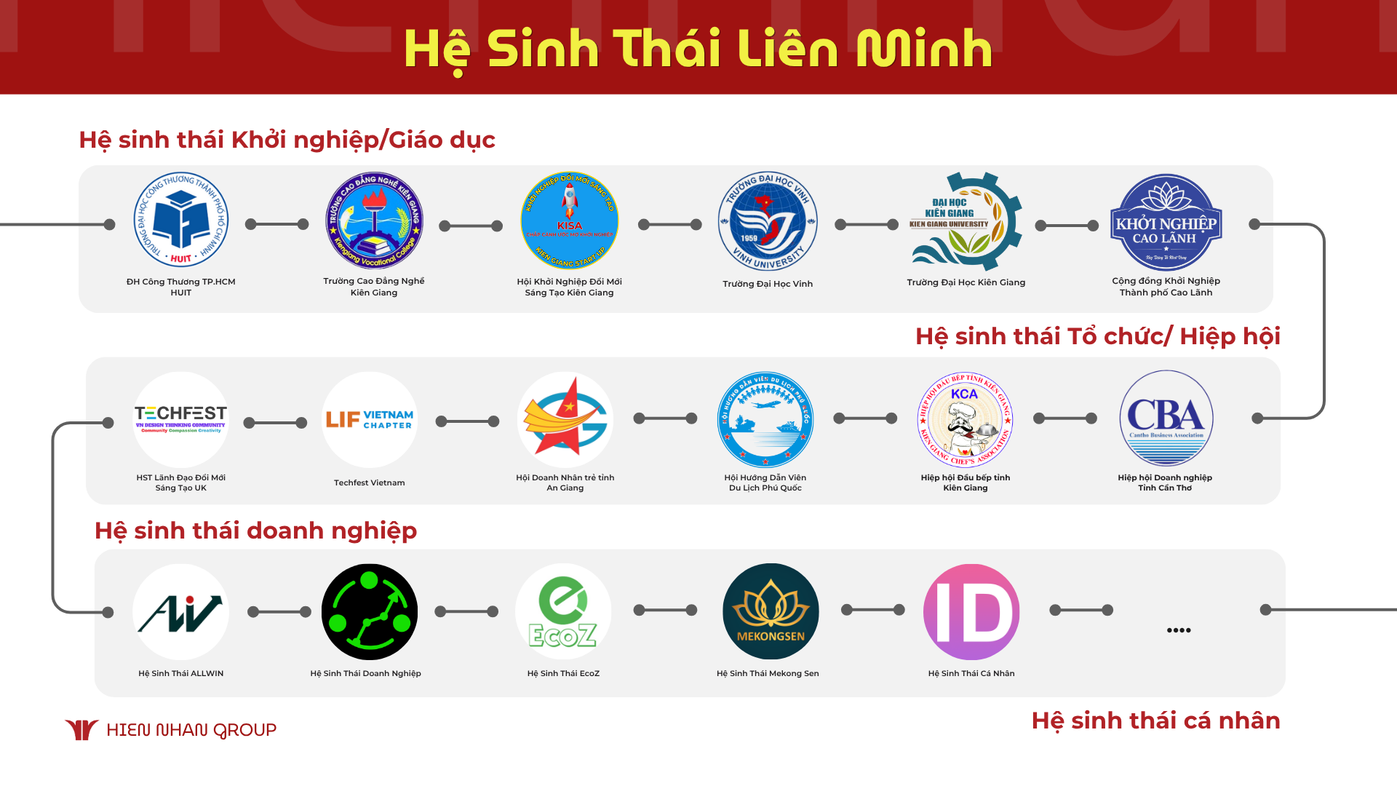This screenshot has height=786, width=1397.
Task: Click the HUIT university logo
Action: coord(180,221)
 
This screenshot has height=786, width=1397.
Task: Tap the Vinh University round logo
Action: coord(768,221)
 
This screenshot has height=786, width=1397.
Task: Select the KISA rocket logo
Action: coord(570,221)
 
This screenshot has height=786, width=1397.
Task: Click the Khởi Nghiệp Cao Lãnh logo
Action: coord(1166,222)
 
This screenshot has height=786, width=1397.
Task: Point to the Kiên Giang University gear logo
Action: coord(966,221)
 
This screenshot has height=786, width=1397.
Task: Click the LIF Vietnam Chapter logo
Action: coord(370,420)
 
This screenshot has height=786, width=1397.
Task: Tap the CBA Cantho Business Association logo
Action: coord(1166,418)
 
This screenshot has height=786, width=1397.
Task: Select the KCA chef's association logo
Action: coord(965,420)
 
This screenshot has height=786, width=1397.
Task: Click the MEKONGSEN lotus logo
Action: coord(771,611)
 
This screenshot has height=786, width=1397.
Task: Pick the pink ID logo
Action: coord(971,611)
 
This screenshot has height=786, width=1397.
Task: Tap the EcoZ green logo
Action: coord(563,611)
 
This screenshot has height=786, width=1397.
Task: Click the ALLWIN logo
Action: coord(180,612)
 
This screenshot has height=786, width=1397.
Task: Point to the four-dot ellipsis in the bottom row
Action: coord(1179,630)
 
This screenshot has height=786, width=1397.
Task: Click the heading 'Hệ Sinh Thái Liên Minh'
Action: coord(698,49)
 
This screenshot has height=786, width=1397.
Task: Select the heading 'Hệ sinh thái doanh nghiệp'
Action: coord(255,531)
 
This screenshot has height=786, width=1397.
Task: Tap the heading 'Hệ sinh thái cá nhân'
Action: coord(1155,720)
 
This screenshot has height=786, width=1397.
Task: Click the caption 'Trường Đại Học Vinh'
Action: coord(768,284)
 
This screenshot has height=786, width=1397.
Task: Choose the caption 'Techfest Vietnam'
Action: coord(370,483)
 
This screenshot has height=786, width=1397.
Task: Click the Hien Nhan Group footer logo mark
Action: coord(81,729)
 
